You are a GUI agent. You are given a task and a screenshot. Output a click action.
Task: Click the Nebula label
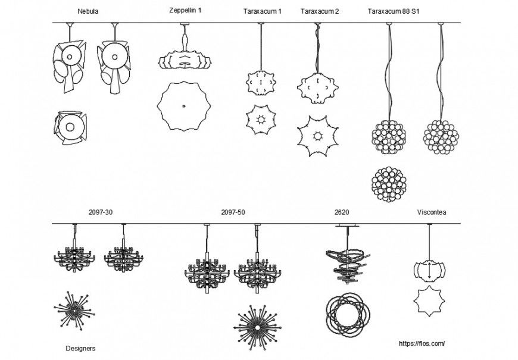(88, 11)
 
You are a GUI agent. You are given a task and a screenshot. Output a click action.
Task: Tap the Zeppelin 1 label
(185, 10)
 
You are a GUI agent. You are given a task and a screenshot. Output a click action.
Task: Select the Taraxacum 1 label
(263, 11)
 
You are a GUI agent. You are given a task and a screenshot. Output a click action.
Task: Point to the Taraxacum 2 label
(320, 11)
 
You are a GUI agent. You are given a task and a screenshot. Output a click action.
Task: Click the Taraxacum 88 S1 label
(394, 11)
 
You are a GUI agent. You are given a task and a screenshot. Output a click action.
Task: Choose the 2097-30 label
(100, 212)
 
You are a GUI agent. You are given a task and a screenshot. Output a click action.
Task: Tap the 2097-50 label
(233, 212)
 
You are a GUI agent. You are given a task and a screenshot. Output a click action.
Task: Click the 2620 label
(342, 212)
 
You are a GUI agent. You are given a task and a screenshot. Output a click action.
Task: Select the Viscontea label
(432, 212)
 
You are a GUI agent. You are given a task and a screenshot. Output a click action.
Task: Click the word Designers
(80, 348)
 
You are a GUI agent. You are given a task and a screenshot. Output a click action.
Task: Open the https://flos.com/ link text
(422, 343)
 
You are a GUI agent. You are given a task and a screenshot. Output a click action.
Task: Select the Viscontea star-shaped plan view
(430, 301)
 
